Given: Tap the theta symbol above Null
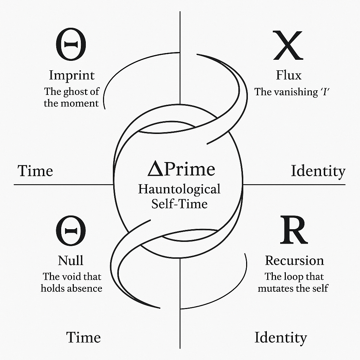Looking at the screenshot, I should [71, 231].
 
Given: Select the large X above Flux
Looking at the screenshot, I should [288, 46].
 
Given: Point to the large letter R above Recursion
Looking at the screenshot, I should [294, 231].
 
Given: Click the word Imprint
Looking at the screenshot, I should [72, 75].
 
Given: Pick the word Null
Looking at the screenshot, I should [71, 261].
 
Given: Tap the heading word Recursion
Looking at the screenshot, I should [294, 261].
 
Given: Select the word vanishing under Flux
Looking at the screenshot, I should [293, 92].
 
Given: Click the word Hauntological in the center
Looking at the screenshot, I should [179, 189].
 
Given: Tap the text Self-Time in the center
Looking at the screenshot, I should [179, 204].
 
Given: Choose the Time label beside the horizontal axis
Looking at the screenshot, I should [35, 171].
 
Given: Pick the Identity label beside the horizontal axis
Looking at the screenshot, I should [318, 171].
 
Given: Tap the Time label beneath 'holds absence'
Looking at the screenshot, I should [83, 337].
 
